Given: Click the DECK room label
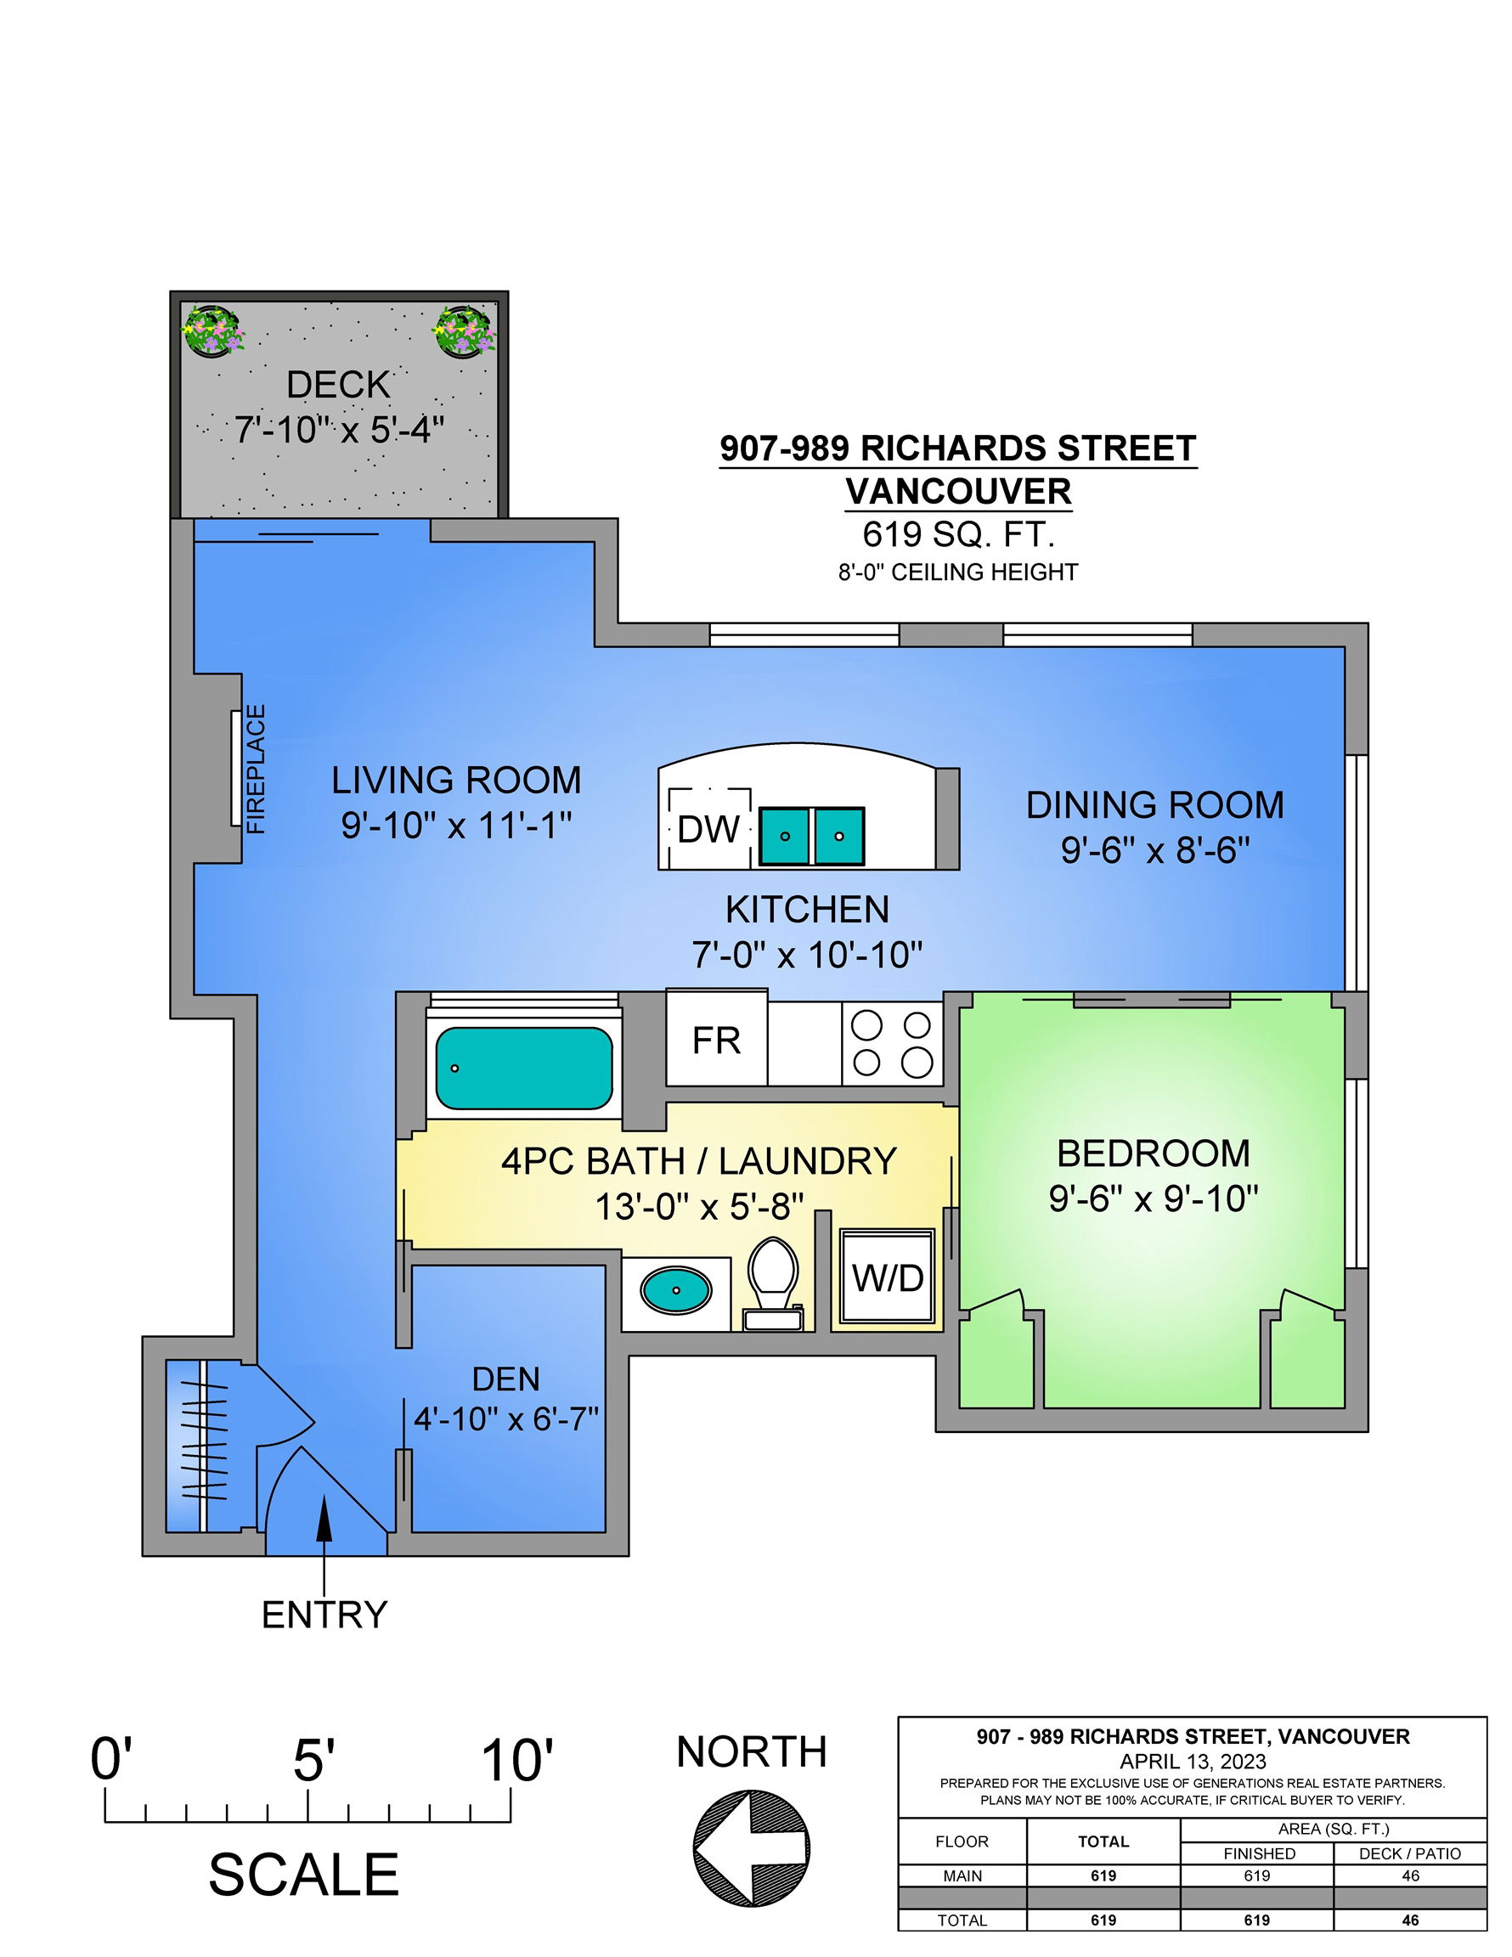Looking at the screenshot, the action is point(339,386).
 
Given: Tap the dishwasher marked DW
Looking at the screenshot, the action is point(709,828).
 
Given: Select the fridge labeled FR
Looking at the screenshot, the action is point(716,1040).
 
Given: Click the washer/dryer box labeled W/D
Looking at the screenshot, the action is point(888,1278).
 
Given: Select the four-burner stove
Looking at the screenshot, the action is point(892,1043).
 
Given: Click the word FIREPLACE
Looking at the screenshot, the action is point(257,770).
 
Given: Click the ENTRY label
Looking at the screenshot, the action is point(324,1615).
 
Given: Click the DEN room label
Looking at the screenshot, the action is point(506,1379).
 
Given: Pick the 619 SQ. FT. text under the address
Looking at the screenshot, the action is point(958,535).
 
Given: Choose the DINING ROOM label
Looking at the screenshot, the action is point(1154,804).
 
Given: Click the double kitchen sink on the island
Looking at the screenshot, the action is point(812,836).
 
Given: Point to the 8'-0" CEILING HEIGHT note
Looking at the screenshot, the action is point(958,572).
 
